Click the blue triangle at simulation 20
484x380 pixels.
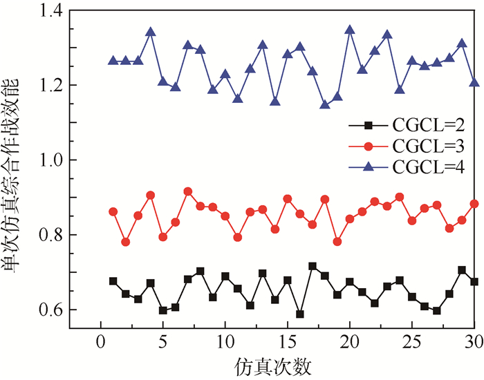[x=350, y=30]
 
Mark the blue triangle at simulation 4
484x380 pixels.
[x=151, y=32]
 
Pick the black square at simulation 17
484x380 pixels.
[x=313, y=266]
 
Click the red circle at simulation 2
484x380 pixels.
[x=126, y=242]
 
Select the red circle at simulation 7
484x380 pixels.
[x=188, y=191]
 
